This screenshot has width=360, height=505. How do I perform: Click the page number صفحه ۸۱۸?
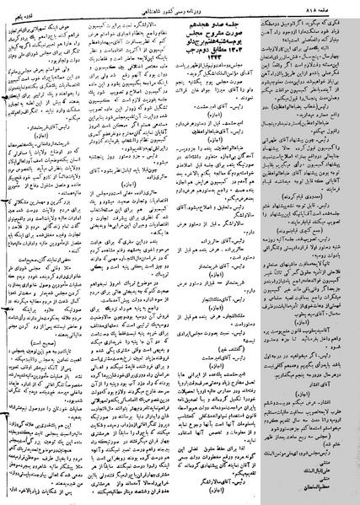coord(335,7)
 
